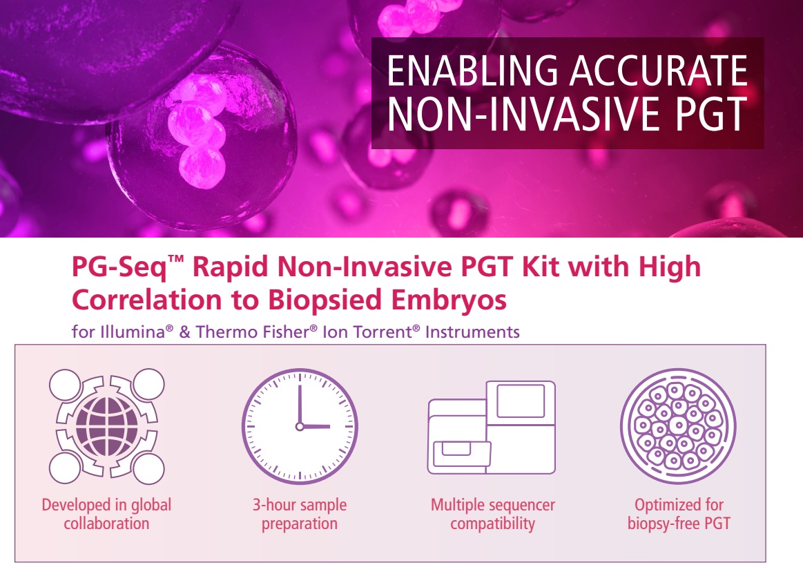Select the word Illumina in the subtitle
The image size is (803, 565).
(133, 332)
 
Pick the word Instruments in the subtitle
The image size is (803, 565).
(472, 332)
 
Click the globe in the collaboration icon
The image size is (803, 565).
(107, 427)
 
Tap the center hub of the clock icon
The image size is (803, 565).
(300, 426)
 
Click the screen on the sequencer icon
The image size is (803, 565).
(521, 401)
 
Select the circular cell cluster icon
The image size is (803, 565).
(678, 426)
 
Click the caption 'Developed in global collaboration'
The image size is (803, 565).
(106, 515)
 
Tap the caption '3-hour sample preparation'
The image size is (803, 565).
(300, 515)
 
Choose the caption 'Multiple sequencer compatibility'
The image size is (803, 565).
(493, 515)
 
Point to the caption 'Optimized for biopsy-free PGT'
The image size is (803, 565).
(679, 515)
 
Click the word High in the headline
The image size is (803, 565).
(670, 267)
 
